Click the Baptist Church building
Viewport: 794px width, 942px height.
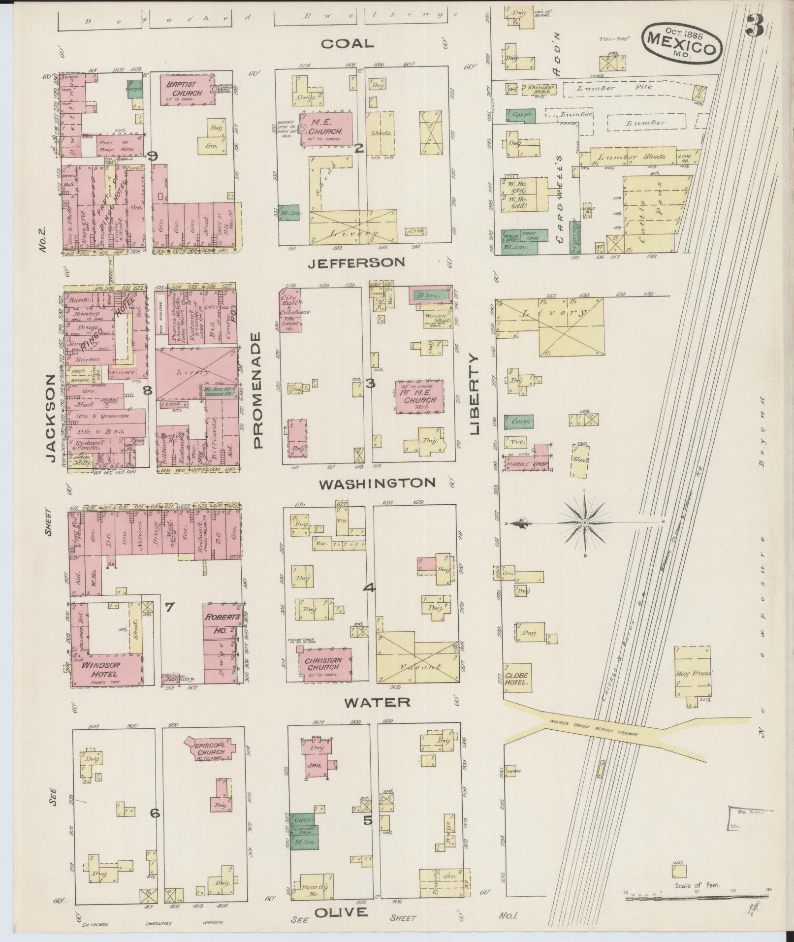[x=184, y=90]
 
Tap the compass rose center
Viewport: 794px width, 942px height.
[x=584, y=522]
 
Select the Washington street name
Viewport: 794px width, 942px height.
[x=377, y=483]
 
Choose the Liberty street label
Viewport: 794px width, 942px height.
[x=475, y=394]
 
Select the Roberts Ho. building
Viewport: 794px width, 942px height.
[x=223, y=624]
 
